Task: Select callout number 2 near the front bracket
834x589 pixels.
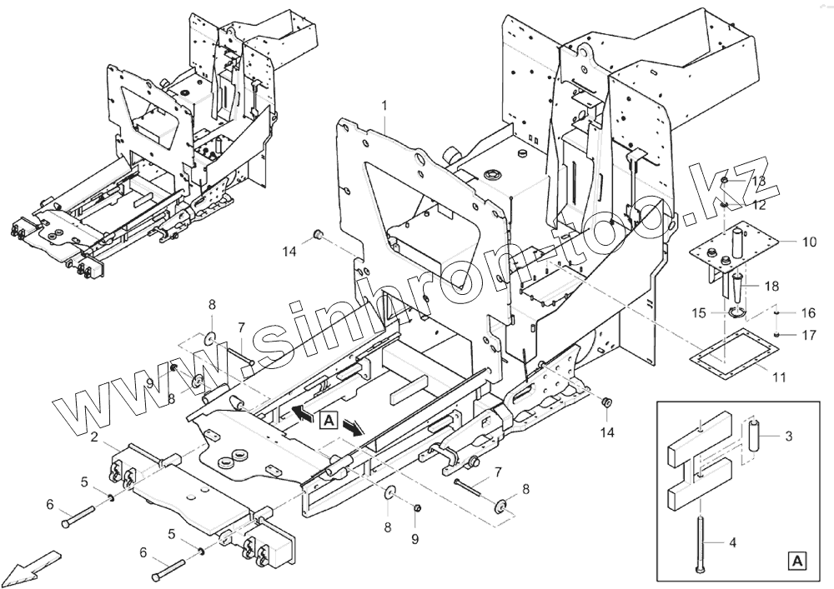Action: (96, 437)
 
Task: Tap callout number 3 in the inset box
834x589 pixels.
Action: (790, 436)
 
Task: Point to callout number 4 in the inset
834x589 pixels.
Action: (732, 543)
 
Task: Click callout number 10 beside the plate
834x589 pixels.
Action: (809, 242)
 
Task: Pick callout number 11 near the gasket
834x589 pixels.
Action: (778, 377)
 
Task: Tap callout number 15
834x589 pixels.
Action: (699, 313)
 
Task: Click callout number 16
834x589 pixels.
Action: (808, 313)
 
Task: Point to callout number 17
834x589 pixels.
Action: (808, 336)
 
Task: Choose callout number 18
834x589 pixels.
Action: (772, 285)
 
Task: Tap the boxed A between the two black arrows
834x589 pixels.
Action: (328, 421)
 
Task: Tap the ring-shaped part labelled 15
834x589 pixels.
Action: (734, 313)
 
